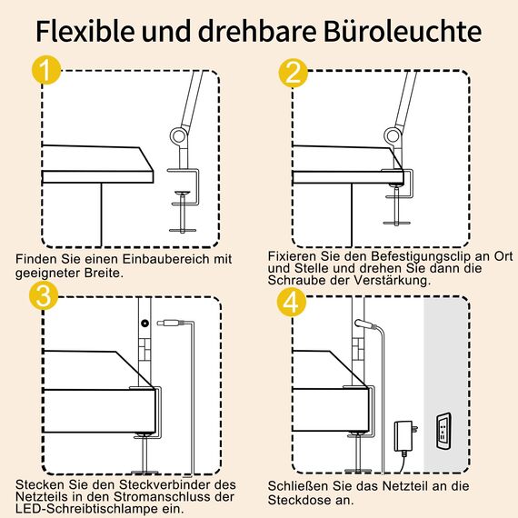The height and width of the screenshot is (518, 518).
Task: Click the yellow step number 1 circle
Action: click(x=44, y=74)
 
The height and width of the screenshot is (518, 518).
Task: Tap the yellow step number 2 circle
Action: click(x=292, y=74)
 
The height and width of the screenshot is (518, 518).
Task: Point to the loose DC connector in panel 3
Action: click(x=172, y=323)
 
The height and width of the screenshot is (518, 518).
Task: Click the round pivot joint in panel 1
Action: click(x=176, y=138)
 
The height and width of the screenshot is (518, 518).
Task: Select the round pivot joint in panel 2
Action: click(x=393, y=138)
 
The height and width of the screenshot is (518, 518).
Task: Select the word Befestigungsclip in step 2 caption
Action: click(x=408, y=257)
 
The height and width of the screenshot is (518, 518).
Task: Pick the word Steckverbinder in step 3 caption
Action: click(x=151, y=483)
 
